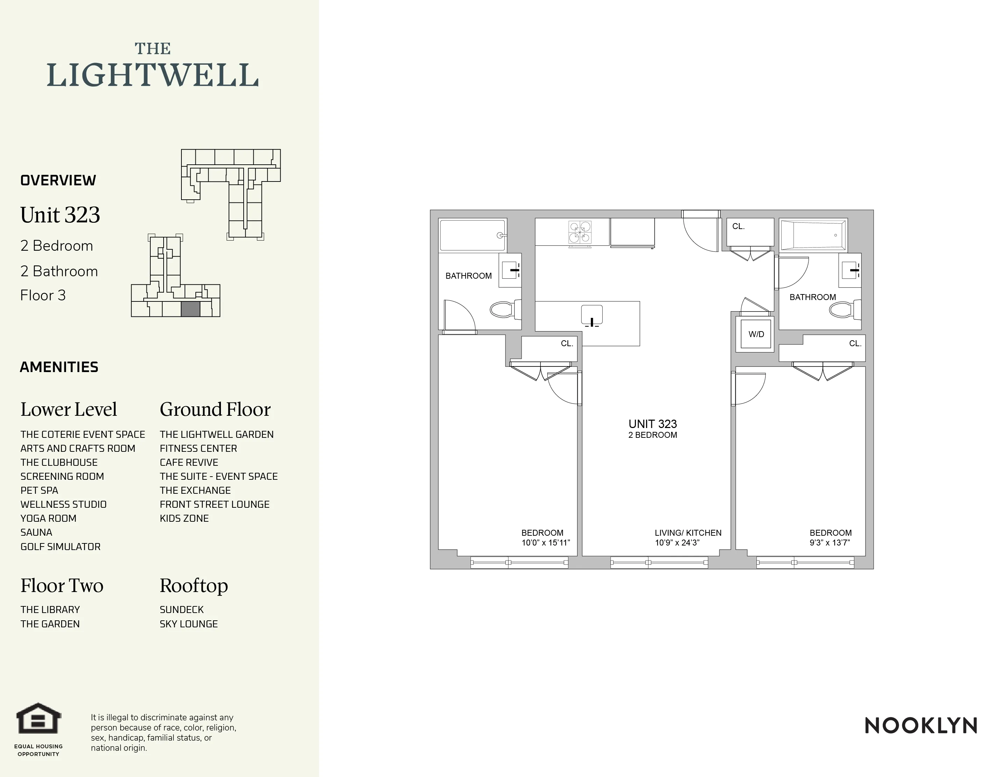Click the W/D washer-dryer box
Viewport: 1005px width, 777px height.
coord(756,334)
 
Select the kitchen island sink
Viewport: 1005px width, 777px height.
coord(592,316)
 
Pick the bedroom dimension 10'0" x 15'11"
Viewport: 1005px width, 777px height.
coord(545,543)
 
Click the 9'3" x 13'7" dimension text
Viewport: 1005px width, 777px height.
coord(830,543)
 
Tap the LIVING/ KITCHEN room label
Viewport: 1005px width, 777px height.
coord(688,533)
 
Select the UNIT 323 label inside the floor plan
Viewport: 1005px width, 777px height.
coord(653,424)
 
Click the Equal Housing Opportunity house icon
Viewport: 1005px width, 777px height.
coord(39,719)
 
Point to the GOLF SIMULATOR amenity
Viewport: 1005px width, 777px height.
coord(60,547)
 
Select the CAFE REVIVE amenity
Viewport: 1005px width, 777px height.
coord(189,463)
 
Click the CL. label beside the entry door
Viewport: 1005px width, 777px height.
coord(738,227)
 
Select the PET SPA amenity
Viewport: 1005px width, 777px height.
coord(39,491)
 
